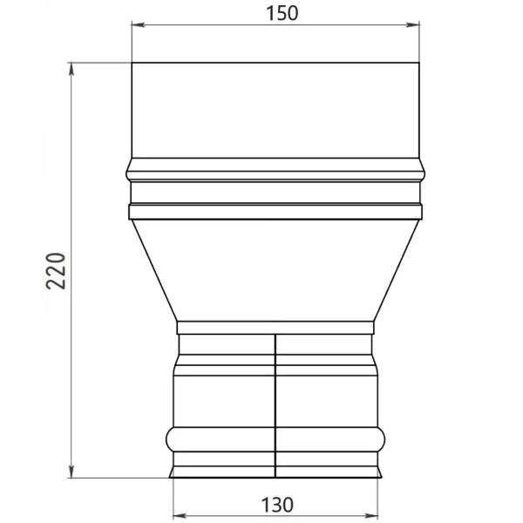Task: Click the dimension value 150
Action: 276,13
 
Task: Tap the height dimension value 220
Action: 54,271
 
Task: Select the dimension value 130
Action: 276,504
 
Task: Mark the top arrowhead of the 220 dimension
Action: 70,66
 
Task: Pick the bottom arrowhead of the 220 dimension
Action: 70,474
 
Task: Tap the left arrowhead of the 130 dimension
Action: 176,513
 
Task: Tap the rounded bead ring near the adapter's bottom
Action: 276,438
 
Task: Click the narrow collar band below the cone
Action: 276,328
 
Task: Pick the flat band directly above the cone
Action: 276,211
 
